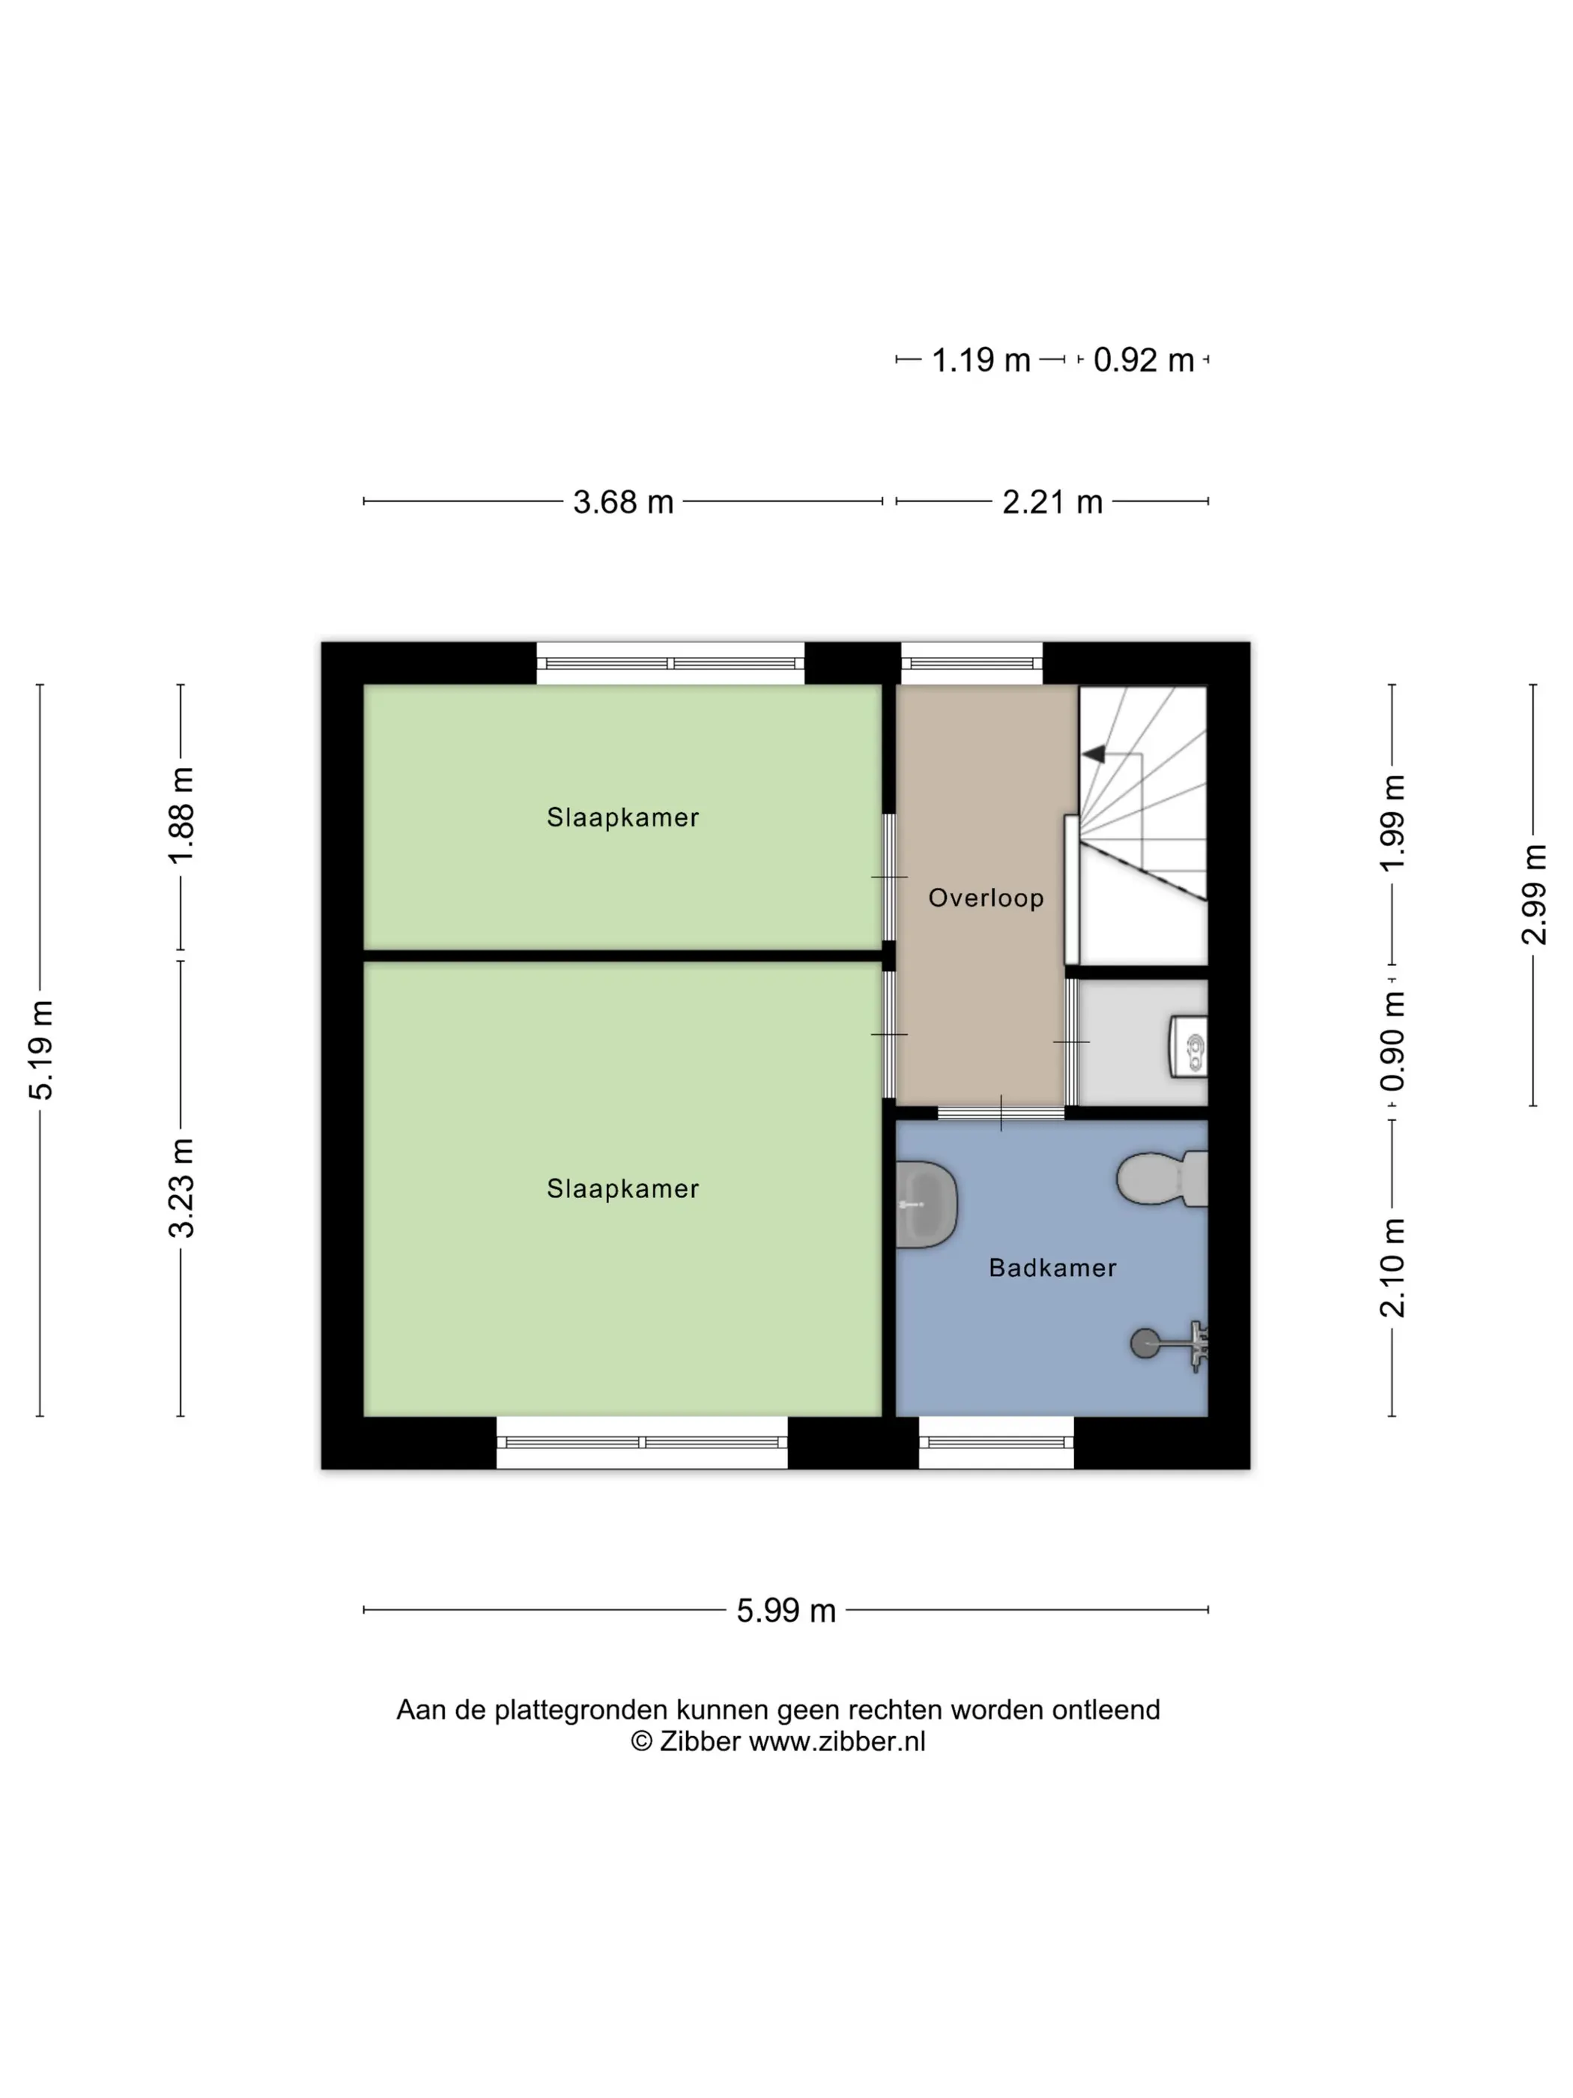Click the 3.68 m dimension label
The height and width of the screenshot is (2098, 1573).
[623, 502]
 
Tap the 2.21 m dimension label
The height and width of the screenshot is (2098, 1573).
[1052, 502]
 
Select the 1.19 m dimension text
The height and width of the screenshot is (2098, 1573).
[981, 360]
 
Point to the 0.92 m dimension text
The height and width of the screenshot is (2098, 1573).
[1144, 360]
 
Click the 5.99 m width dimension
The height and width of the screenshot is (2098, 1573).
[786, 1610]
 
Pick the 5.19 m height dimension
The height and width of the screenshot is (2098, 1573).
[40, 1050]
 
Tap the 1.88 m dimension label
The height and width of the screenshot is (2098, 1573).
[181, 816]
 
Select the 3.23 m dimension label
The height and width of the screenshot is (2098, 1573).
[181, 1188]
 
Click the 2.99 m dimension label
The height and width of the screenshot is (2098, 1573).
[1533, 895]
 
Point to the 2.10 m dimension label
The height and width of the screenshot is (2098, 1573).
[1392, 1268]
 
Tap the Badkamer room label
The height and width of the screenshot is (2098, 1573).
[1052, 1267]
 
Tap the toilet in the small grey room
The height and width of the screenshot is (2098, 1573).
[1189, 1046]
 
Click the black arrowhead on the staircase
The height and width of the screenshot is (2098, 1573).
[1094, 754]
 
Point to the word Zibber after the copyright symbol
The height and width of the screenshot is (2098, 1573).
[700, 1741]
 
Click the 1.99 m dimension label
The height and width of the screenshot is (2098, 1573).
[1392, 822]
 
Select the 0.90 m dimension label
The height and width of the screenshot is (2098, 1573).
[1392, 1042]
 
